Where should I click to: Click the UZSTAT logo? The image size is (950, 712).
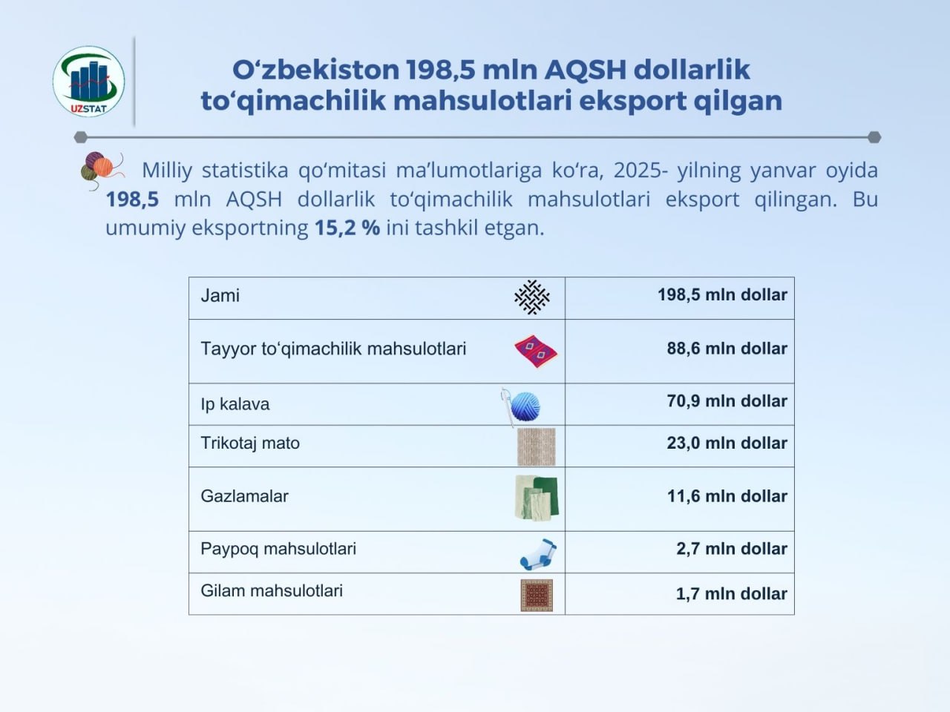(x=89, y=82)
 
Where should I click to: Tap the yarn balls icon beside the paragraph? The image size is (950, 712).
(x=102, y=171)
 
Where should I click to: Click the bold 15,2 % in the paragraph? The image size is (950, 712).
(x=347, y=228)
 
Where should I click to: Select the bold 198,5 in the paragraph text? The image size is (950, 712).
(x=132, y=200)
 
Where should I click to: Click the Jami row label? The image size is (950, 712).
(x=220, y=296)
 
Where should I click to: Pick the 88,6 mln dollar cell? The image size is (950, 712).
(x=727, y=349)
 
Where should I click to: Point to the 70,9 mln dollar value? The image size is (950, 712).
(x=727, y=401)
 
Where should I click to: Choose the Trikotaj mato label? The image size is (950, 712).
(x=250, y=443)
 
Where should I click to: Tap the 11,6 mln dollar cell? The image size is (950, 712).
(x=727, y=496)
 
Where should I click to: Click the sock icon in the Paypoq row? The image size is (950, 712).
(x=538, y=554)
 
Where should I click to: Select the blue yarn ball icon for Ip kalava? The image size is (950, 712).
(x=522, y=406)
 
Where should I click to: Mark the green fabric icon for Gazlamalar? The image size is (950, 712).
(x=537, y=498)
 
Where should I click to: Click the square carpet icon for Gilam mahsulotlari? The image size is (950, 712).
(x=537, y=596)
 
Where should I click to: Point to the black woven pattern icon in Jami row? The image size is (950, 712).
(x=532, y=297)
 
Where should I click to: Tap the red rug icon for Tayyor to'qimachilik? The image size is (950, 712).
(x=536, y=351)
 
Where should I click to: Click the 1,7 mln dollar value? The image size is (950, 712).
(x=732, y=594)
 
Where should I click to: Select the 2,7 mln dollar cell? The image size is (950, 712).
(x=732, y=549)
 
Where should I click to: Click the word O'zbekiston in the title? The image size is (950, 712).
(x=316, y=69)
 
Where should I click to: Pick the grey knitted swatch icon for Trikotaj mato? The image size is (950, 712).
(x=537, y=446)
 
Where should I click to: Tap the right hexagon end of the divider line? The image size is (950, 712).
(x=875, y=137)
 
